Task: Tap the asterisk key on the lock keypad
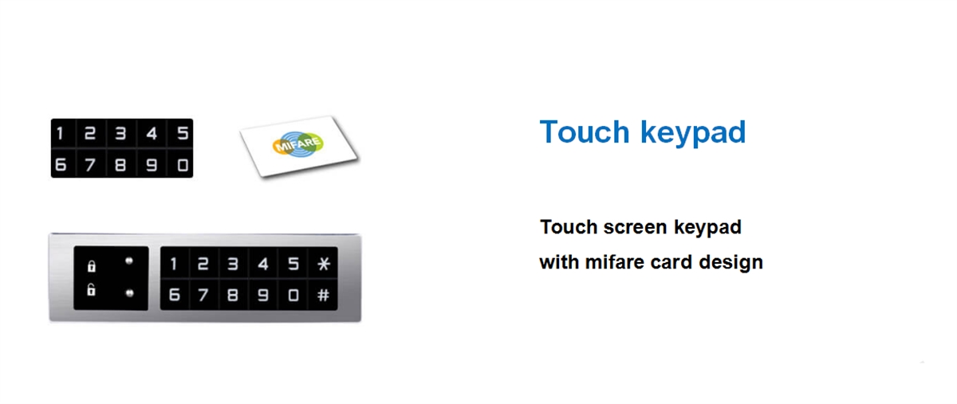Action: click(324, 264)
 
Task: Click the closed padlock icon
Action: click(92, 266)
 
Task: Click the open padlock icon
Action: click(91, 289)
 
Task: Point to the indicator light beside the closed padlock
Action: click(129, 261)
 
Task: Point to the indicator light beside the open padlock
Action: click(130, 293)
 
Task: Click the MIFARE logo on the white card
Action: click(297, 144)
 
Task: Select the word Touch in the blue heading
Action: click(585, 132)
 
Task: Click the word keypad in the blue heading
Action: click(693, 133)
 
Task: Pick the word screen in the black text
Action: click(635, 227)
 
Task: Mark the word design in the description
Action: click(731, 263)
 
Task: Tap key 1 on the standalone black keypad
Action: click(61, 134)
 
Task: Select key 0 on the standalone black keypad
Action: click(183, 165)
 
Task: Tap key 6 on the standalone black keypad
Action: click(61, 165)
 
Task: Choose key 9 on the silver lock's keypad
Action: click(263, 295)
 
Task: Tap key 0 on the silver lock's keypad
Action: click(293, 295)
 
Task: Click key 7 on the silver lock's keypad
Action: click(203, 295)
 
